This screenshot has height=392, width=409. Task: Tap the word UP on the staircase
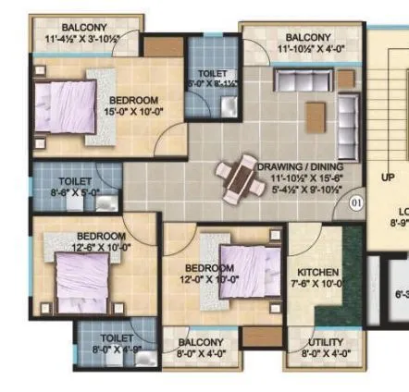(388, 177)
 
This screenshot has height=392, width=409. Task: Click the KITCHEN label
(317, 273)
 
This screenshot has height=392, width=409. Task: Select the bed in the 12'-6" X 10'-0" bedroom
(84, 279)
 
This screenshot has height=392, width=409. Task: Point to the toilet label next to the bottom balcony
(117, 344)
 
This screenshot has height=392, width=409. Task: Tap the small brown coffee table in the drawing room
(316, 114)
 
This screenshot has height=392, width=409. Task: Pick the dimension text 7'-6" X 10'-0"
(318, 284)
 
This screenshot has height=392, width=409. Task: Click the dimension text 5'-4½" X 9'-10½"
(306, 190)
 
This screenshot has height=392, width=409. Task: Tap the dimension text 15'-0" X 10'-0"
(133, 111)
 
